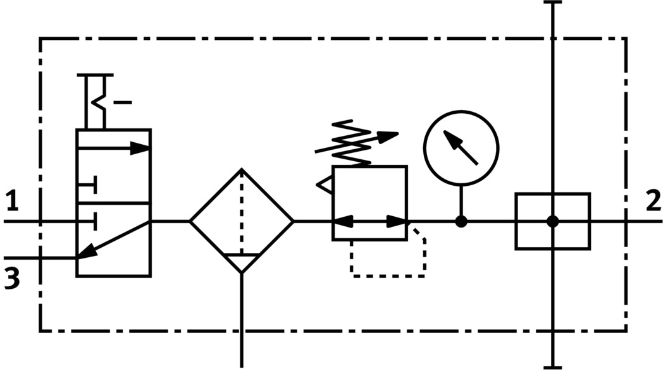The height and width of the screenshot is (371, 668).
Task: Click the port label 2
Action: coord(653,201)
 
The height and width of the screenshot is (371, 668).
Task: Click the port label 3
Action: coord(12,278)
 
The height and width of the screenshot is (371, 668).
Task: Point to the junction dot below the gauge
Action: coord(461,221)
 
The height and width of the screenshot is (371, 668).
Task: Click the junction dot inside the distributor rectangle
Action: coord(553,221)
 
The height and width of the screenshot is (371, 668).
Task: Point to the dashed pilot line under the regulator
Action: coord(387,275)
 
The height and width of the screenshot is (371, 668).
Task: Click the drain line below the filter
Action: coord(242,322)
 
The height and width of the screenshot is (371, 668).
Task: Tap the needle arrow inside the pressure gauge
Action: coord(461,147)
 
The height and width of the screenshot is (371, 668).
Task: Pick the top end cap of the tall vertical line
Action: coord(553,3)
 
